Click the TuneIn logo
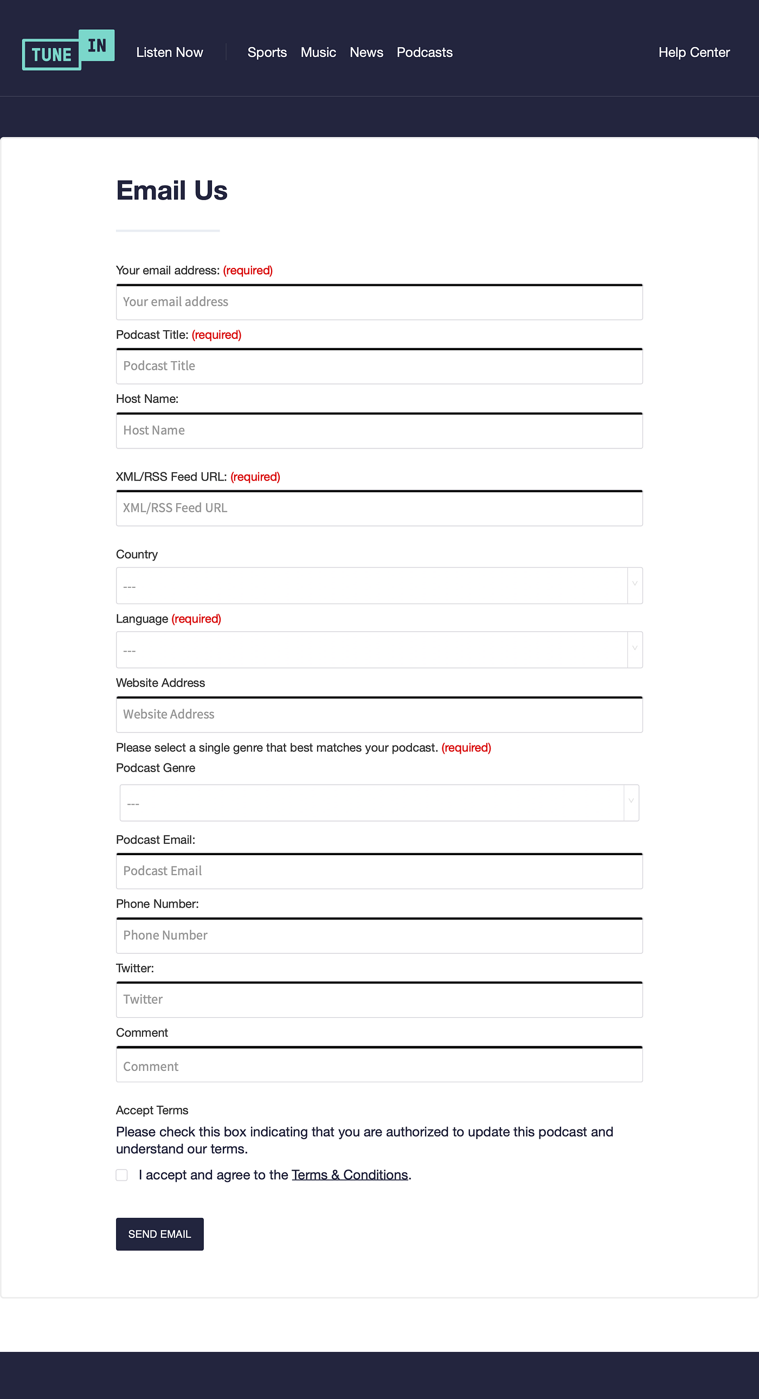pos(68,50)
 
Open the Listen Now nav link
pos(169,52)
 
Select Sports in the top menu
pos(267,52)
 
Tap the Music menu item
pos(318,52)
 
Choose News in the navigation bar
pos(366,52)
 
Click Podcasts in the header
pos(424,52)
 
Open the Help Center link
pos(693,52)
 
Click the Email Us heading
pos(171,191)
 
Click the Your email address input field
pos(379,302)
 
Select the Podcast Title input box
pos(379,366)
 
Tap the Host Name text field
pos(379,431)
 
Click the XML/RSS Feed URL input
pos(379,508)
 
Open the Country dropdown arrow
pos(634,585)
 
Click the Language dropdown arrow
pos(634,649)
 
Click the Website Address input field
pos(379,715)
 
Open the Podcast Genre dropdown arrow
pos(631,802)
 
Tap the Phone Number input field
pos(379,935)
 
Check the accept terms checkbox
pos(121,1175)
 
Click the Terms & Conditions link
pos(350,1175)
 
